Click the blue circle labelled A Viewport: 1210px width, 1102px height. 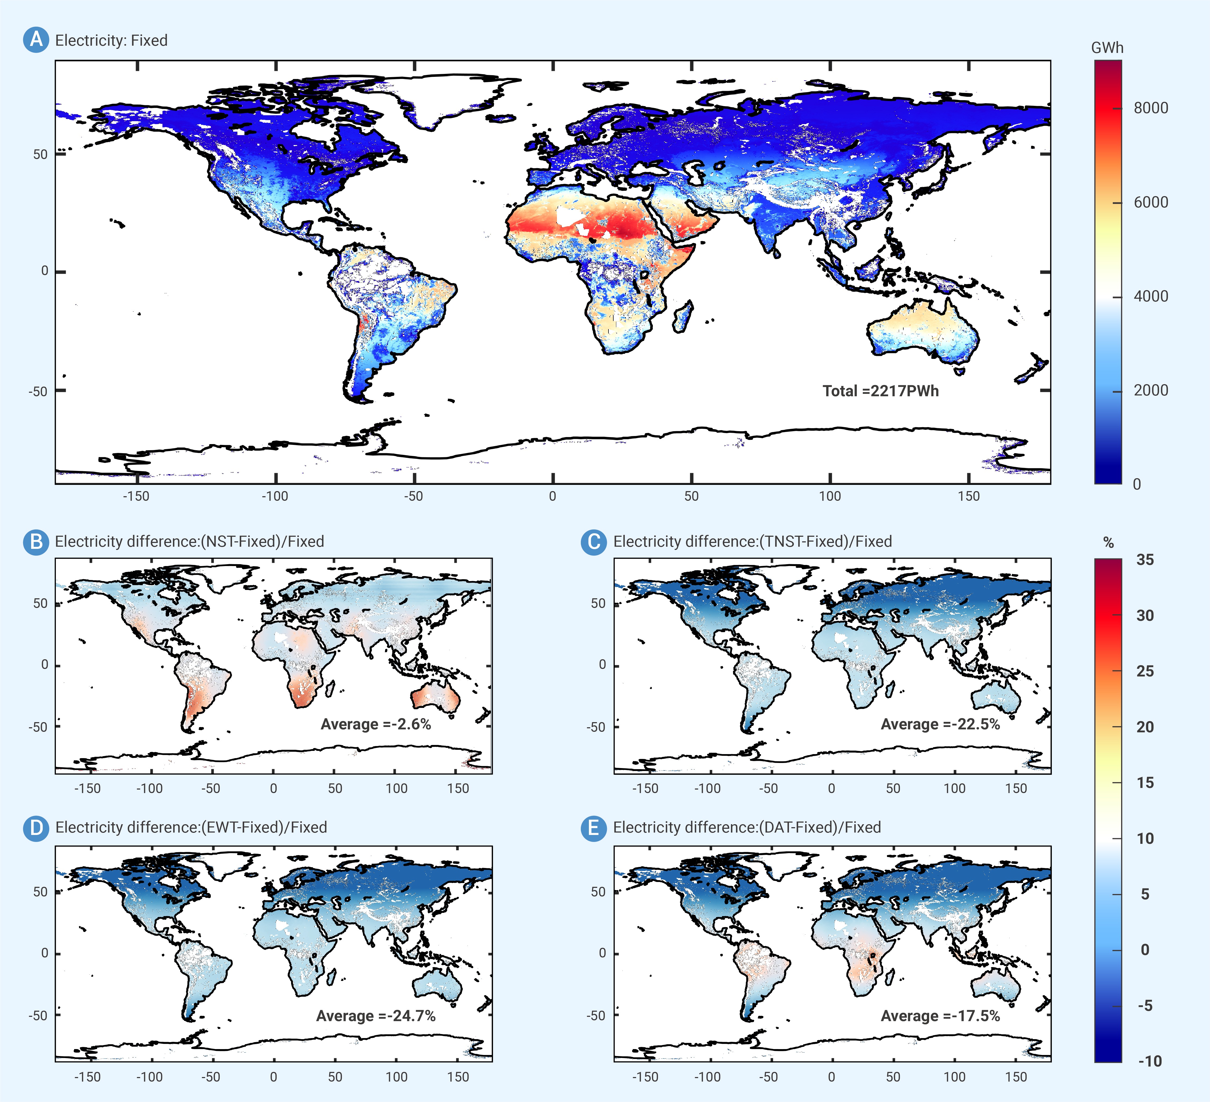pyautogui.click(x=36, y=40)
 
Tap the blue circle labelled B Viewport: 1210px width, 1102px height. pyautogui.click(x=36, y=542)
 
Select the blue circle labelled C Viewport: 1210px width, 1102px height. pyautogui.click(x=594, y=542)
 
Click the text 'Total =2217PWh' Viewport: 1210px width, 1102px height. pyautogui.click(x=881, y=391)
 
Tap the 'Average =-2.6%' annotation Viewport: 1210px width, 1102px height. pyautogui.click(x=376, y=724)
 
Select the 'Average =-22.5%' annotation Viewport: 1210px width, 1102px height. pyautogui.click(x=940, y=724)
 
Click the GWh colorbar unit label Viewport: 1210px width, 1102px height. pyautogui.click(x=1107, y=48)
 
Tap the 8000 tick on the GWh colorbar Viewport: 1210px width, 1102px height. pyautogui.click(x=1151, y=108)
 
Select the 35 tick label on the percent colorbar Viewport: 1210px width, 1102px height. pyautogui.click(x=1145, y=560)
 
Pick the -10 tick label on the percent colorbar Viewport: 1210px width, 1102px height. pyautogui.click(x=1150, y=1061)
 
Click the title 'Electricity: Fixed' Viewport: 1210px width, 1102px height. pyautogui.click(x=111, y=40)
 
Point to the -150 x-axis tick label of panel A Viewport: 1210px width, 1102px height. pyautogui.click(x=136, y=496)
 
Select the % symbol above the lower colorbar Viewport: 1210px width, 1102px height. pyautogui.click(x=1108, y=543)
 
